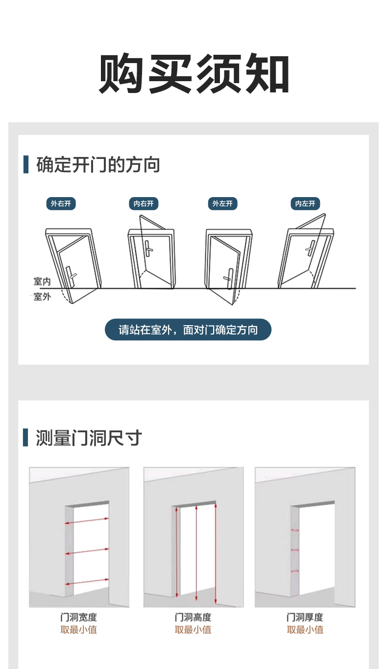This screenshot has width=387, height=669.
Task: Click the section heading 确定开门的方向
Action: tap(98, 165)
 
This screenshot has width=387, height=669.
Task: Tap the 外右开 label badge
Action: tap(61, 203)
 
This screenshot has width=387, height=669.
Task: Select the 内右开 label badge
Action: tap(144, 203)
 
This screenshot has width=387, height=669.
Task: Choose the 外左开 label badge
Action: tap(222, 203)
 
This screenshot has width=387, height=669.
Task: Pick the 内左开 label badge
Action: tap(305, 203)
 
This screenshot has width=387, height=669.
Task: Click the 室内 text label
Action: tap(42, 281)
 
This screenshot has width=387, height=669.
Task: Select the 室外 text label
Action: tap(42, 297)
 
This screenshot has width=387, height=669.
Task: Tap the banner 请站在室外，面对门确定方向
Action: tap(188, 330)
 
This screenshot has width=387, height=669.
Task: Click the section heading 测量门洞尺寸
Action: tap(89, 438)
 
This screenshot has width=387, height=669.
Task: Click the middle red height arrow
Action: tap(196, 553)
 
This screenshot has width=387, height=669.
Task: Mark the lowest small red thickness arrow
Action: tap(295, 571)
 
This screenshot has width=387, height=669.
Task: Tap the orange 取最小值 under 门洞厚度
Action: tap(305, 630)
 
